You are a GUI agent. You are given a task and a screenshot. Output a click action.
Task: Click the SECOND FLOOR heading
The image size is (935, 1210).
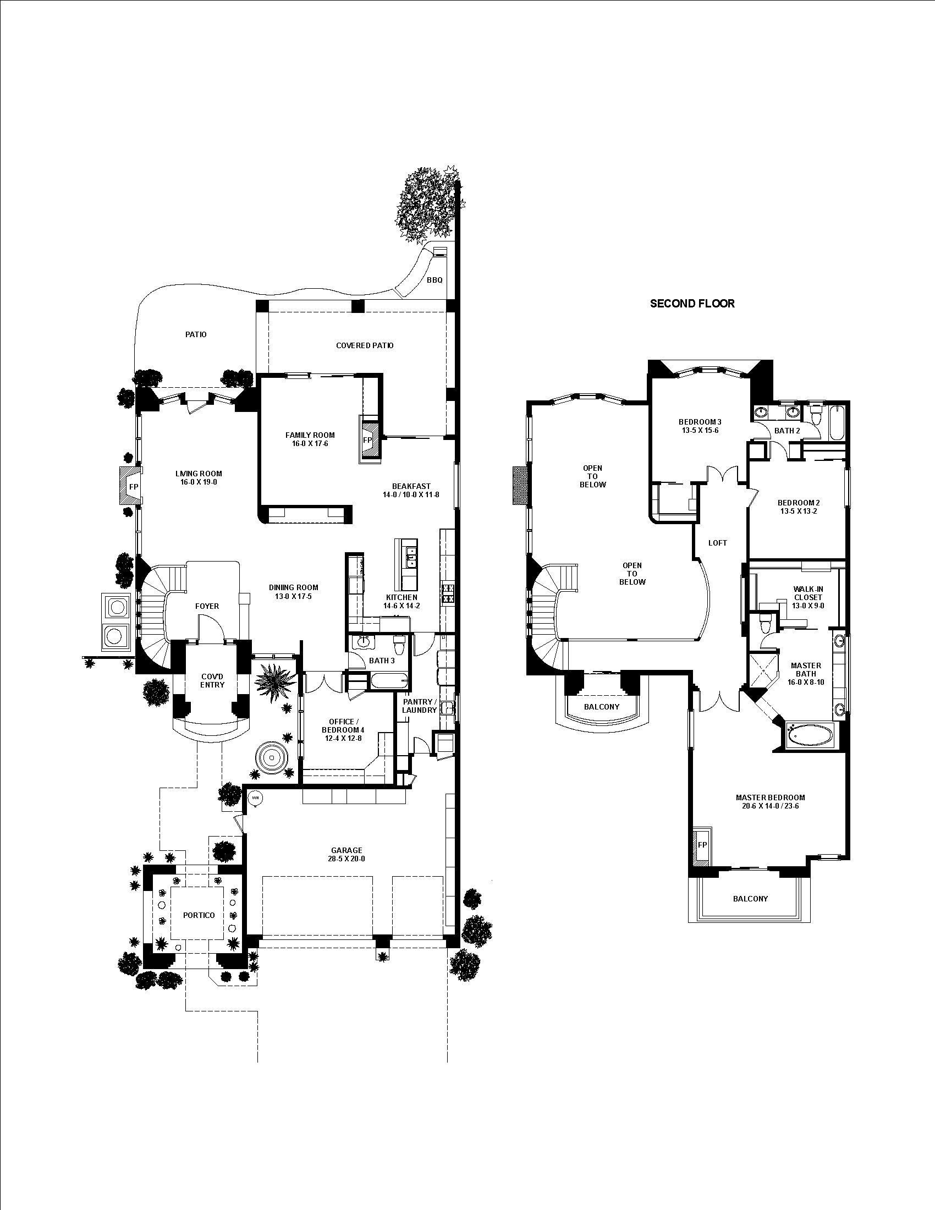tap(692, 304)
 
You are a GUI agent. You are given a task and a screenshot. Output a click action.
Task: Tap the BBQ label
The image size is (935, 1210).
tap(435, 280)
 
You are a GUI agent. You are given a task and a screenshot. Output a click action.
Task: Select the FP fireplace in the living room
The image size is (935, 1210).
tap(133, 486)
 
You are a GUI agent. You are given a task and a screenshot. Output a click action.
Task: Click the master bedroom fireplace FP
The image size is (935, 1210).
tap(702, 845)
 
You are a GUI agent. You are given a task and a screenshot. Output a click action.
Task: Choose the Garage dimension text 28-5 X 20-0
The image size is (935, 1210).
tap(346, 859)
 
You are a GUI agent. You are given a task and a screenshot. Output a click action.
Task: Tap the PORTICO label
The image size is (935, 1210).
tap(199, 915)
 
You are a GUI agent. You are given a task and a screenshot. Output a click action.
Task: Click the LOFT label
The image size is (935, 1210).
tap(717, 543)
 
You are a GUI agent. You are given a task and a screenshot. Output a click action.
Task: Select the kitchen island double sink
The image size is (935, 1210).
tap(410, 557)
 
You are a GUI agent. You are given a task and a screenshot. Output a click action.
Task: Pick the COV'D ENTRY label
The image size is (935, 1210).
tap(212, 680)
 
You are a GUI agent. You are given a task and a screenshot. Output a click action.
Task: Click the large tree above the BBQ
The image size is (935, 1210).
tap(426, 202)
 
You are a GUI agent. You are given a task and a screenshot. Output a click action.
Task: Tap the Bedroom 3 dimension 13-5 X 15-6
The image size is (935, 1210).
tap(700, 430)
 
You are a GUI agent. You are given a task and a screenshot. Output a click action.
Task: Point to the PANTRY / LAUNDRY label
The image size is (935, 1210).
tap(419, 706)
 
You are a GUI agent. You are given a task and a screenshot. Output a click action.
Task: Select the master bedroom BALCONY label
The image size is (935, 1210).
tap(750, 899)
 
